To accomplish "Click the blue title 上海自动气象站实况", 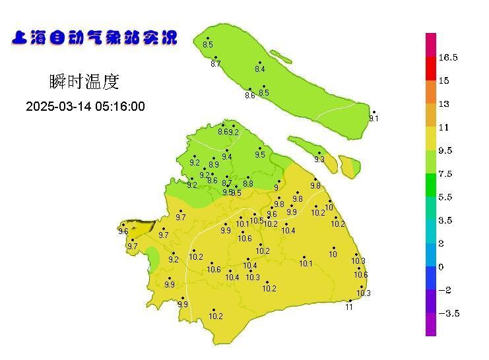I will [94, 38].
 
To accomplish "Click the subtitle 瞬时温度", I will [84, 82].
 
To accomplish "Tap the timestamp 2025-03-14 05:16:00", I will [85, 107].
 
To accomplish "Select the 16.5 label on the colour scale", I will [448, 58].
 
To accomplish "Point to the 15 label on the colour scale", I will [443, 81].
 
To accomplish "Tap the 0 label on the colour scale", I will [441, 267].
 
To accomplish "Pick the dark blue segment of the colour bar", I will [431, 278].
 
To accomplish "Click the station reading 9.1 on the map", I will [374, 119].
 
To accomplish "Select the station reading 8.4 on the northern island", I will [259, 69].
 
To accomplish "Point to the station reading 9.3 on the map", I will [319, 160].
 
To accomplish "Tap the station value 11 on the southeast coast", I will [349, 307].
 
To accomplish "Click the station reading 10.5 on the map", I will [257, 220].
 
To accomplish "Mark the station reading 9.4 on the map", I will [227, 157].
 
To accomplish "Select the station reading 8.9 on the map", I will [214, 165].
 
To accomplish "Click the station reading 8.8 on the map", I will [248, 184].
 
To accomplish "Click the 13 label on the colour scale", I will [443, 104].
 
